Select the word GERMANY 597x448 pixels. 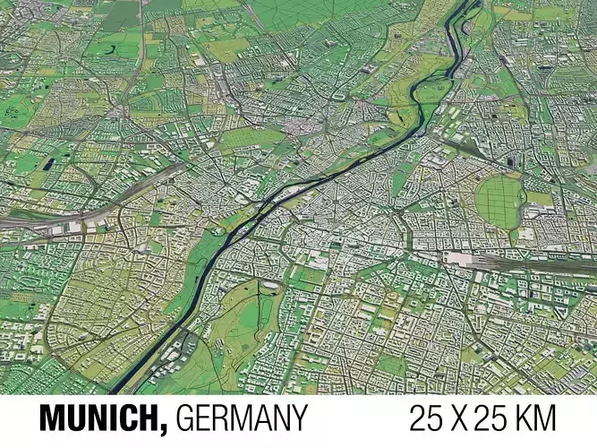coord(242,418)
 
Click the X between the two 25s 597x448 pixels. coord(463,418)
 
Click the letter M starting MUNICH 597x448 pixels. coord(52,418)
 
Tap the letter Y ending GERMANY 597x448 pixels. coord(299,418)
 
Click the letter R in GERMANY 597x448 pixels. coord(223,418)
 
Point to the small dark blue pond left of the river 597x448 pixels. coord(47,164)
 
